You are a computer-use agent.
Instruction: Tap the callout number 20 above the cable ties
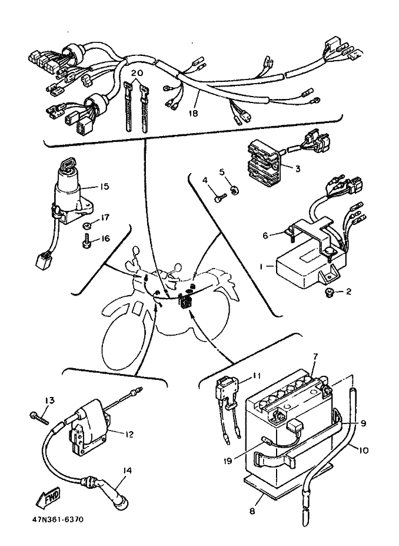pyautogui.click(x=137, y=73)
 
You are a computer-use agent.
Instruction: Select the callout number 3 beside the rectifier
pyautogui.click(x=298, y=169)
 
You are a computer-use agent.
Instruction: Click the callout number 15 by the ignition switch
pyautogui.click(x=104, y=187)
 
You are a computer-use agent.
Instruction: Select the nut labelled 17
pyautogui.click(x=86, y=226)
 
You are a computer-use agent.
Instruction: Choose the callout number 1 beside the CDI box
pyautogui.click(x=260, y=266)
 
